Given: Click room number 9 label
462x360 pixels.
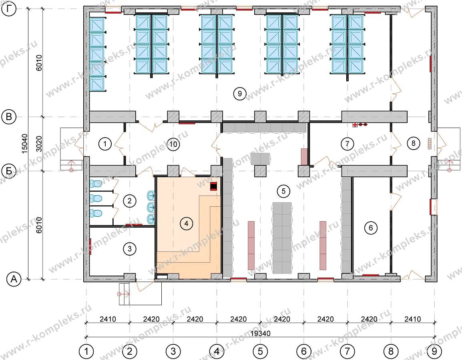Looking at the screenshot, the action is (239, 94).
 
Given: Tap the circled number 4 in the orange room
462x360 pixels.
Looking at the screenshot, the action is (186, 224).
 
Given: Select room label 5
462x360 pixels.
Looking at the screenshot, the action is (283, 191).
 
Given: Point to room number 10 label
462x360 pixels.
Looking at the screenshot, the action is (173, 144).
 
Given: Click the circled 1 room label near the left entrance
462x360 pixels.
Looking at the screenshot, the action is (105, 144).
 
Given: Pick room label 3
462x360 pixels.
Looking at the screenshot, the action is (130, 249).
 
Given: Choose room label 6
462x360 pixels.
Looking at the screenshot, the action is (371, 228).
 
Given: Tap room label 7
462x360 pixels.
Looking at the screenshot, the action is (347, 144).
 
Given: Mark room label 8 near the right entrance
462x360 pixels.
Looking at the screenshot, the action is (414, 143).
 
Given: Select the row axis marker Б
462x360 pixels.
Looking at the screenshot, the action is (9, 171).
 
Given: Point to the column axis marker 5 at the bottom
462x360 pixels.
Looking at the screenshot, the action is (261, 351).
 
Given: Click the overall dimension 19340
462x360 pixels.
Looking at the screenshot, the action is (261, 334).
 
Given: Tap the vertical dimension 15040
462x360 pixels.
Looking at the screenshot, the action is (25, 143).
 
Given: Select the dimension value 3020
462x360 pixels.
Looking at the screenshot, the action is (39, 144).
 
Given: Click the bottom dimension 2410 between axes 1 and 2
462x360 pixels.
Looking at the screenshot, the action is (108, 319).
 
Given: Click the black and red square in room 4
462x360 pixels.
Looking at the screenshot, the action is (214, 186).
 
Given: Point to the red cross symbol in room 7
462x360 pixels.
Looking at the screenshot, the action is (355, 125).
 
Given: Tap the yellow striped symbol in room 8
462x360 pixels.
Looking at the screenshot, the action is (430, 143).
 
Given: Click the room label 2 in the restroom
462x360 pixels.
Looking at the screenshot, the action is (130, 201).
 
